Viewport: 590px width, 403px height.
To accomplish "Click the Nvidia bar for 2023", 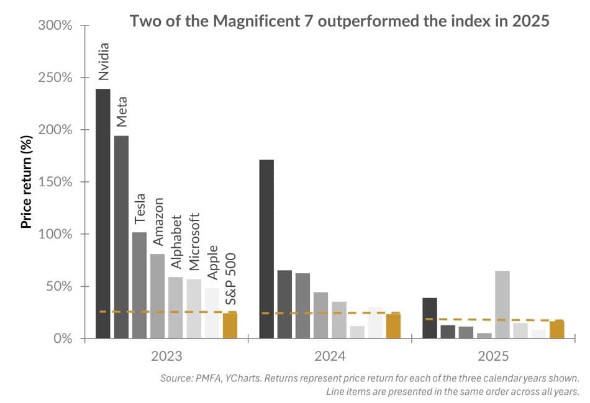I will [102, 214].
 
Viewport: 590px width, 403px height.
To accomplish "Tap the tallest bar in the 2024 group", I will [266, 249].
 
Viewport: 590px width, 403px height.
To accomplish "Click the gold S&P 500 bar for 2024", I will [394, 326].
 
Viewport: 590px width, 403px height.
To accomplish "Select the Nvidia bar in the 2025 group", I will [430, 318].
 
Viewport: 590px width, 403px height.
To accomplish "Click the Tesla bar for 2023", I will [139, 285].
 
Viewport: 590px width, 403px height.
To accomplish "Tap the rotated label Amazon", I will [158, 222].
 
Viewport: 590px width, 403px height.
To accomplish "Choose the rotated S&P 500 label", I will [230, 279].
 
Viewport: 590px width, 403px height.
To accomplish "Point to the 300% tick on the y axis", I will [55, 26].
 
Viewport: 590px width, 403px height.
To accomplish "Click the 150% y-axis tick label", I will [55, 183].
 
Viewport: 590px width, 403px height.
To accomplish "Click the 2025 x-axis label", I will [493, 356].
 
